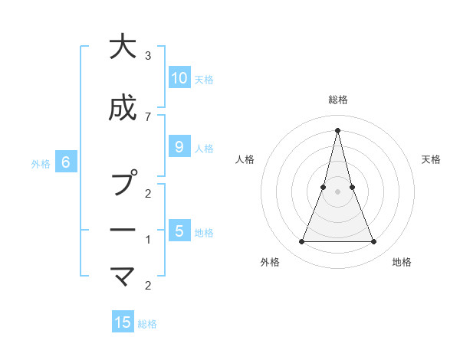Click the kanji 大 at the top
point(123,47)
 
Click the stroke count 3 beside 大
point(148,56)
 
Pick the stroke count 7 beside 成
point(148,116)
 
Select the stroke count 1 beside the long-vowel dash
point(148,240)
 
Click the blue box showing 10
point(179,78)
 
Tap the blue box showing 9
point(179,147)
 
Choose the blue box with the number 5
point(179,231)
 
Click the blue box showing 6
point(66,162)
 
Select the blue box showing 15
point(123,322)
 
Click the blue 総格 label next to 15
point(147,324)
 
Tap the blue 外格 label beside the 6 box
point(41,163)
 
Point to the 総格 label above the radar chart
point(338,100)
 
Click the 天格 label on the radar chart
point(431,159)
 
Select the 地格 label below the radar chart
point(402,262)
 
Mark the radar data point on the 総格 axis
point(338,129)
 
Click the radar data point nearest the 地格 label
point(374,242)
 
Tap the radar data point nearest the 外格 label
point(302,242)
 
